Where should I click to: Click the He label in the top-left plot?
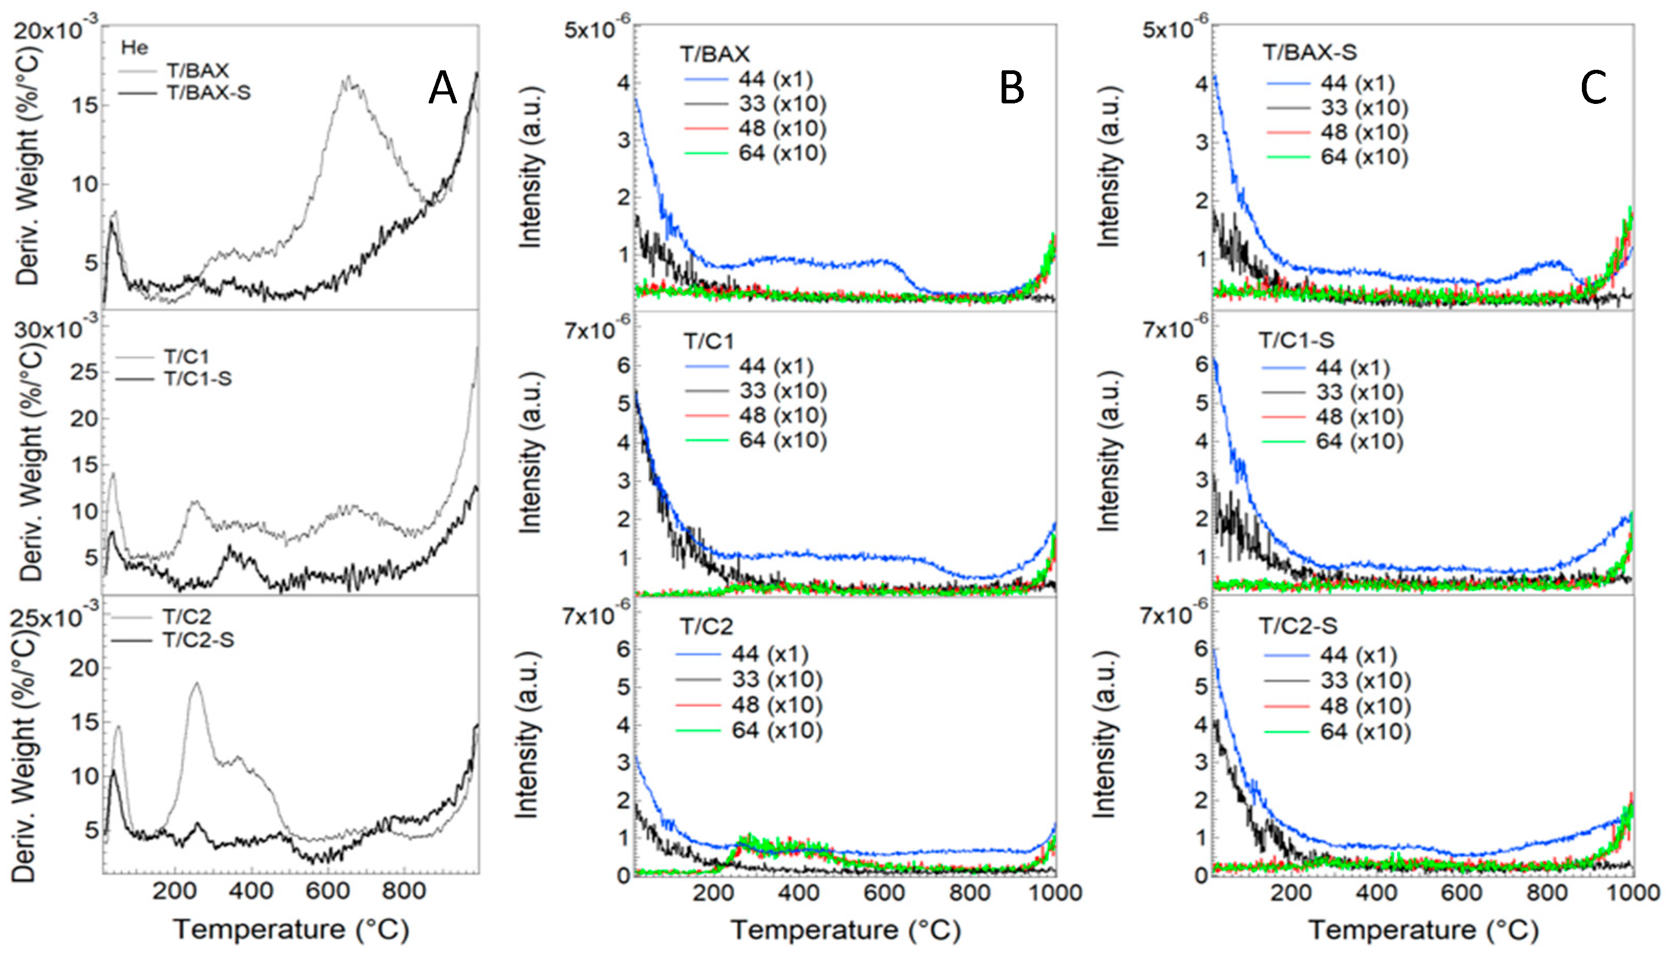(x=135, y=48)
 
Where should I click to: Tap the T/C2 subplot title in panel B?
(x=707, y=626)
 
